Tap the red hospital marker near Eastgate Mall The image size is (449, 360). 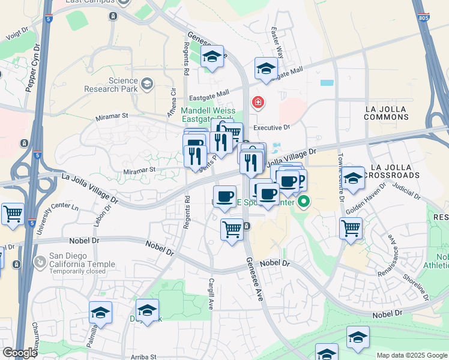tap(258, 103)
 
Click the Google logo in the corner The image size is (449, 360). tap(20, 353)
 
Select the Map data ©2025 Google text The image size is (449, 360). tap(411, 355)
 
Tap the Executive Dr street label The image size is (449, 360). tap(271, 128)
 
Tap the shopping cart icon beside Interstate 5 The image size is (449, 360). tap(13, 214)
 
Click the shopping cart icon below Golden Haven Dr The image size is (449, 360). tap(351, 228)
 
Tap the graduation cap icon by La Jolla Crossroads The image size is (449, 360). tap(354, 178)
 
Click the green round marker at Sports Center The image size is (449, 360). tap(304, 202)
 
